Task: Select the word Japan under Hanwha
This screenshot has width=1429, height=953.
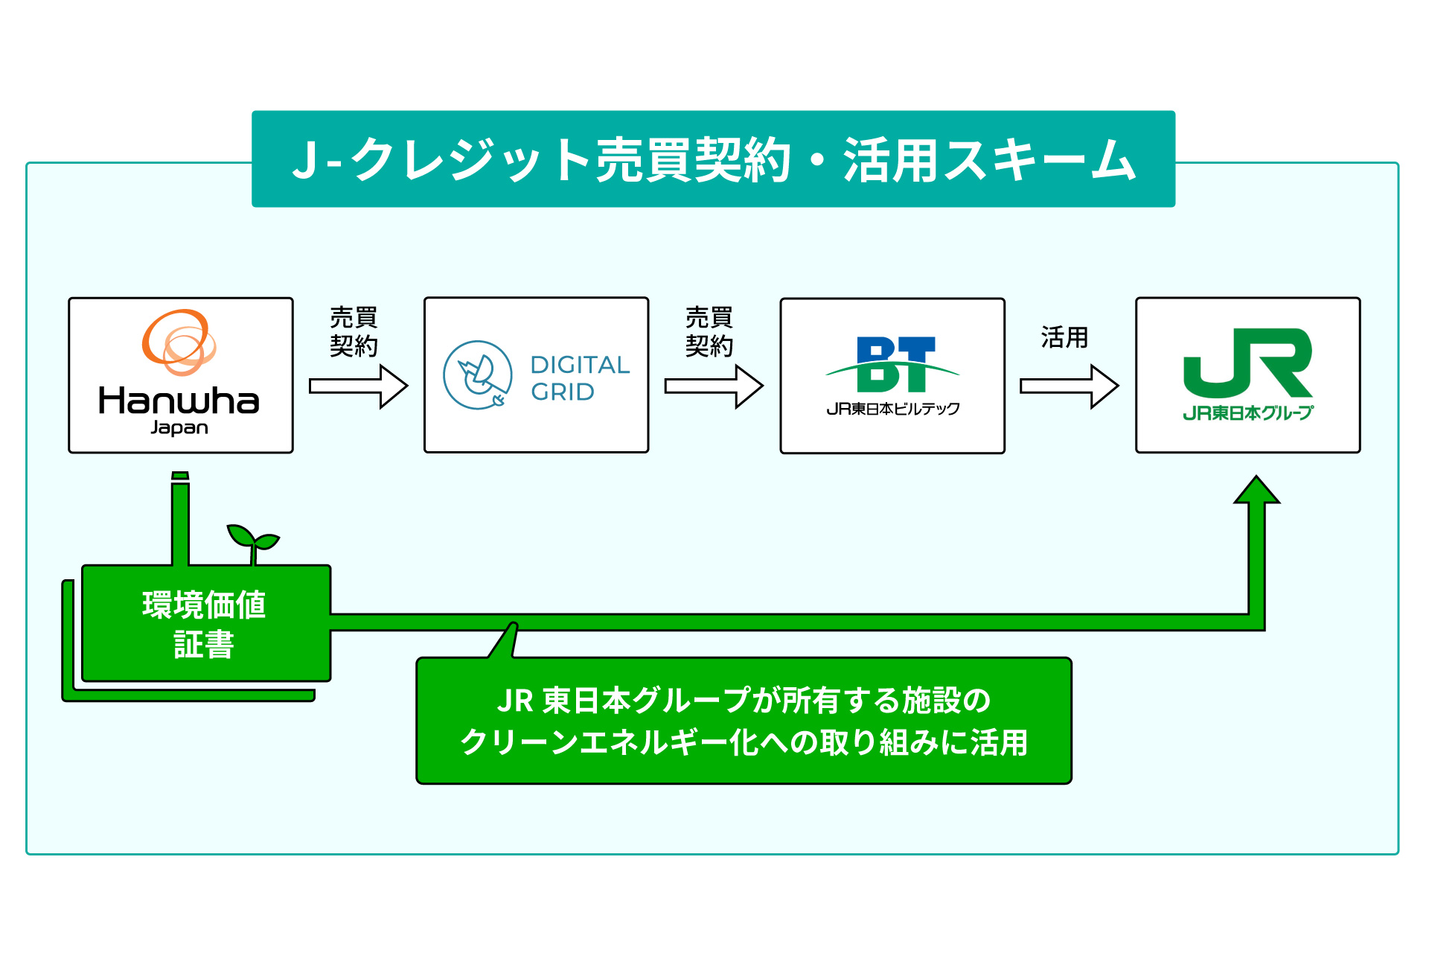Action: pos(179,428)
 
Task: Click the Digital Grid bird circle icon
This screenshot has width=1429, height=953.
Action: pos(477,375)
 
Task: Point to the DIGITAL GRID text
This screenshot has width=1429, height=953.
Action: pos(580,378)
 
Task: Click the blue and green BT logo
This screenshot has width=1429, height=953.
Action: pos(893,365)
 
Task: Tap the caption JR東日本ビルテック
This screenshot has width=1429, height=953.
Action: pos(893,409)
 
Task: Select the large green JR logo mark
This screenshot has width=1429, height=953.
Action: pos(1248,363)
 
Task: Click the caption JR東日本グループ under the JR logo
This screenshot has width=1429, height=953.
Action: pos(1248,412)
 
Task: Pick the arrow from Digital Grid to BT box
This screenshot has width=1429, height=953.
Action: pos(714,386)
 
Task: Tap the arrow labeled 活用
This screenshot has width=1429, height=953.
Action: pos(1069,386)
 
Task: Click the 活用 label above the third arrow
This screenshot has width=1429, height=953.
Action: pos(1064,337)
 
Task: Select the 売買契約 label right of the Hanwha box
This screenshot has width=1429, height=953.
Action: pos(354,331)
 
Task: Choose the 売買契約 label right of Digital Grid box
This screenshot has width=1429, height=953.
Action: pos(709,331)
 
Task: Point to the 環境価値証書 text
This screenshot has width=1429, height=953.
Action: pos(204,624)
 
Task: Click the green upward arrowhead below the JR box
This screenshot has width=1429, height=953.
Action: pos(1256,491)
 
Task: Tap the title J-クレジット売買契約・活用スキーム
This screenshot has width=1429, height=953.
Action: pos(713,159)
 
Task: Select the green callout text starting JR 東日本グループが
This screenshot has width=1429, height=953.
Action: pos(744,721)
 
